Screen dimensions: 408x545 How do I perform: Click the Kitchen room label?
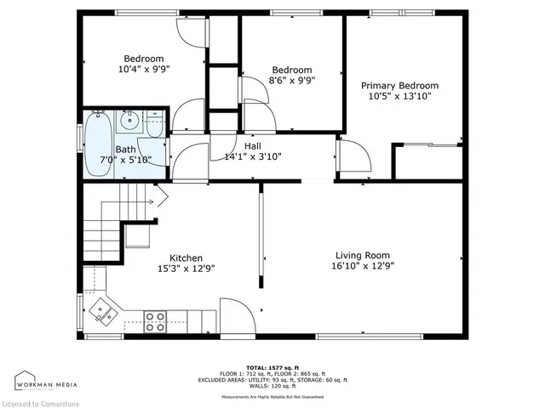[185, 258]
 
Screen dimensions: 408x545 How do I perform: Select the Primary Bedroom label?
[399, 86]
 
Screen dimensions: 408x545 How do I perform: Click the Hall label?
[252, 146]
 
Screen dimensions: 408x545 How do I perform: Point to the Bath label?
[126, 150]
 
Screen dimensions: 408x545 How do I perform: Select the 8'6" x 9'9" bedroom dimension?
[291, 81]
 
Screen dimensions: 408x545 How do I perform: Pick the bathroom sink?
[129, 121]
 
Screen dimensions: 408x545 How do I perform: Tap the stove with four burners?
[156, 322]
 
